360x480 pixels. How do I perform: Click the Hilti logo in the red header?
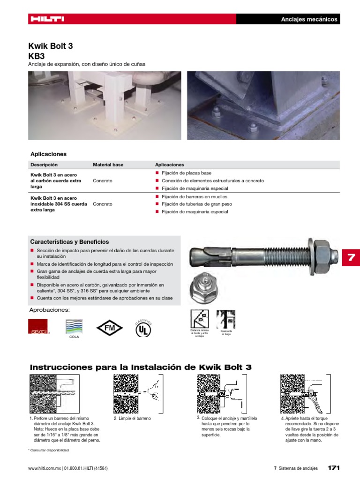point(47,19)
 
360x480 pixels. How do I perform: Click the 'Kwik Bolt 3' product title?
point(51,46)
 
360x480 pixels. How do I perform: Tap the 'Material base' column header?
point(108,165)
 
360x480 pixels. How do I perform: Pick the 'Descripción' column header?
point(44,165)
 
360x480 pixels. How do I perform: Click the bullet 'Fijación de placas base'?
point(186,173)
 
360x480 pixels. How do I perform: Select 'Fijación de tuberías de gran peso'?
point(197,204)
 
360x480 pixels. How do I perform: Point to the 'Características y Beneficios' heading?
point(69,242)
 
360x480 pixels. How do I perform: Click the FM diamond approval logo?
point(109,328)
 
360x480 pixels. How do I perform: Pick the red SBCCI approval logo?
point(38,327)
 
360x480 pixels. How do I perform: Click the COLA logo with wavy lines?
point(74,327)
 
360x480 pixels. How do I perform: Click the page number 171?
point(333,468)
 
